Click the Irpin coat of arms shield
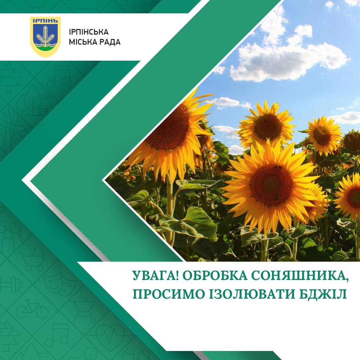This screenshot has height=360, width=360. (45, 37)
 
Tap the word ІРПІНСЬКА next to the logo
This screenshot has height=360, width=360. (89, 32)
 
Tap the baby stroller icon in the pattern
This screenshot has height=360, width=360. (32, 257)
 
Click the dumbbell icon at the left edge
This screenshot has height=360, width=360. (11, 285)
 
